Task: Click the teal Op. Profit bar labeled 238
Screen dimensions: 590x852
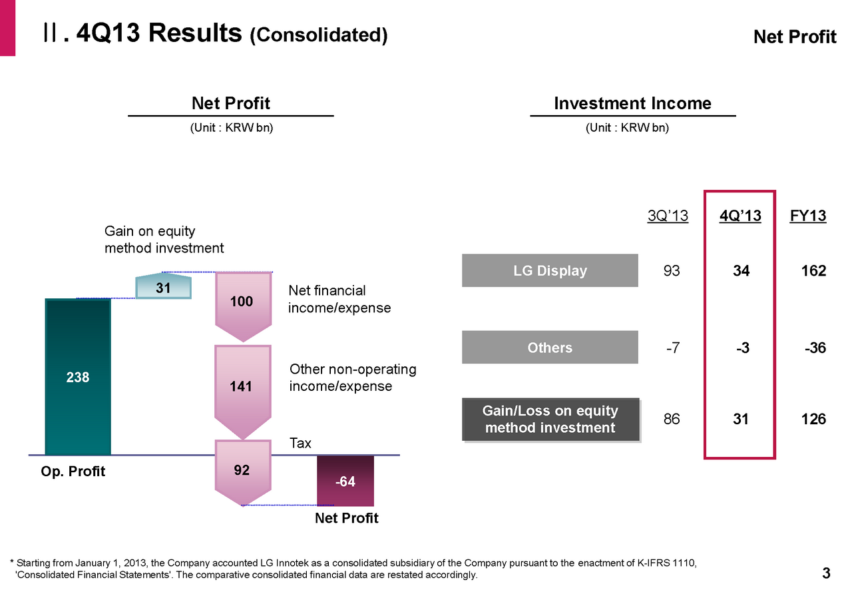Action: [x=77, y=377]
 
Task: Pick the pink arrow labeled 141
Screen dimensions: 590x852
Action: [x=242, y=386]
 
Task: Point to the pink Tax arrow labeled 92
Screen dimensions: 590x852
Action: [x=242, y=471]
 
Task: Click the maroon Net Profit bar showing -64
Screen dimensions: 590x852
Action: [x=345, y=481]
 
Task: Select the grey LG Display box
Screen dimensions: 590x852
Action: [x=550, y=270]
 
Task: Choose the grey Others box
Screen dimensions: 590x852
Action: [x=550, y=348]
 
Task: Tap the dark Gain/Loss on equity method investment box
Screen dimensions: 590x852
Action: [x=550, y=420]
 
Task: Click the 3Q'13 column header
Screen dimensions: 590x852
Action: [x=668, y=216]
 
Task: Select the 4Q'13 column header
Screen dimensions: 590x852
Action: [x=740, y=216]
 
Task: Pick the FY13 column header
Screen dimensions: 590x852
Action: [x=808, y=216]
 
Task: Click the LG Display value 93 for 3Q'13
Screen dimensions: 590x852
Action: [x=672, y=271]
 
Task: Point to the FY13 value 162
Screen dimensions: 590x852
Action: [x=813, y=271]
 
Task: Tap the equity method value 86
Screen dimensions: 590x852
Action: [x=672, y=420]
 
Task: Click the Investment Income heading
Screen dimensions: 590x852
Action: [x=632, y=104]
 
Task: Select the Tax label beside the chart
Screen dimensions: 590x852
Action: [x=300, y=443]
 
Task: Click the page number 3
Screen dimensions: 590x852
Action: [x=827, y=573]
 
